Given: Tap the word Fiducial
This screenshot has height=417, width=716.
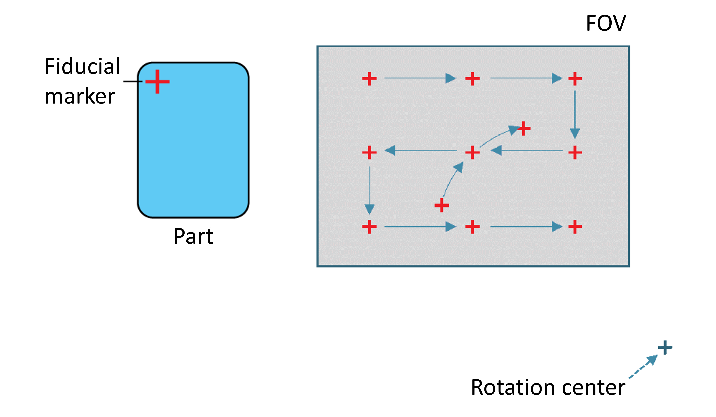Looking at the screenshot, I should [82, 66].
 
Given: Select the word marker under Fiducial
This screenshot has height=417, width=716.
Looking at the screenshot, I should [80, 97].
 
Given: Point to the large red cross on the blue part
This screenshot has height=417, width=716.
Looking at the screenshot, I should [157, 81].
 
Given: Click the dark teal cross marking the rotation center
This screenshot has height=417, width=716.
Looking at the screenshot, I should [665, 347].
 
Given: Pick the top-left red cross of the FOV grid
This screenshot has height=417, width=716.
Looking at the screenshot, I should [369, 79].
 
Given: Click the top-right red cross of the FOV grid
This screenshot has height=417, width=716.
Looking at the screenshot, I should [575, 79].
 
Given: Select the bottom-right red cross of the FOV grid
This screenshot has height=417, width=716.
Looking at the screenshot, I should [575, 227].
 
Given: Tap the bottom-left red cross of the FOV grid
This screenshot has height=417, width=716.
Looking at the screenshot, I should [369, 227].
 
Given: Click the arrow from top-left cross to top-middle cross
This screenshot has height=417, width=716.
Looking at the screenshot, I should [420, 78].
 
